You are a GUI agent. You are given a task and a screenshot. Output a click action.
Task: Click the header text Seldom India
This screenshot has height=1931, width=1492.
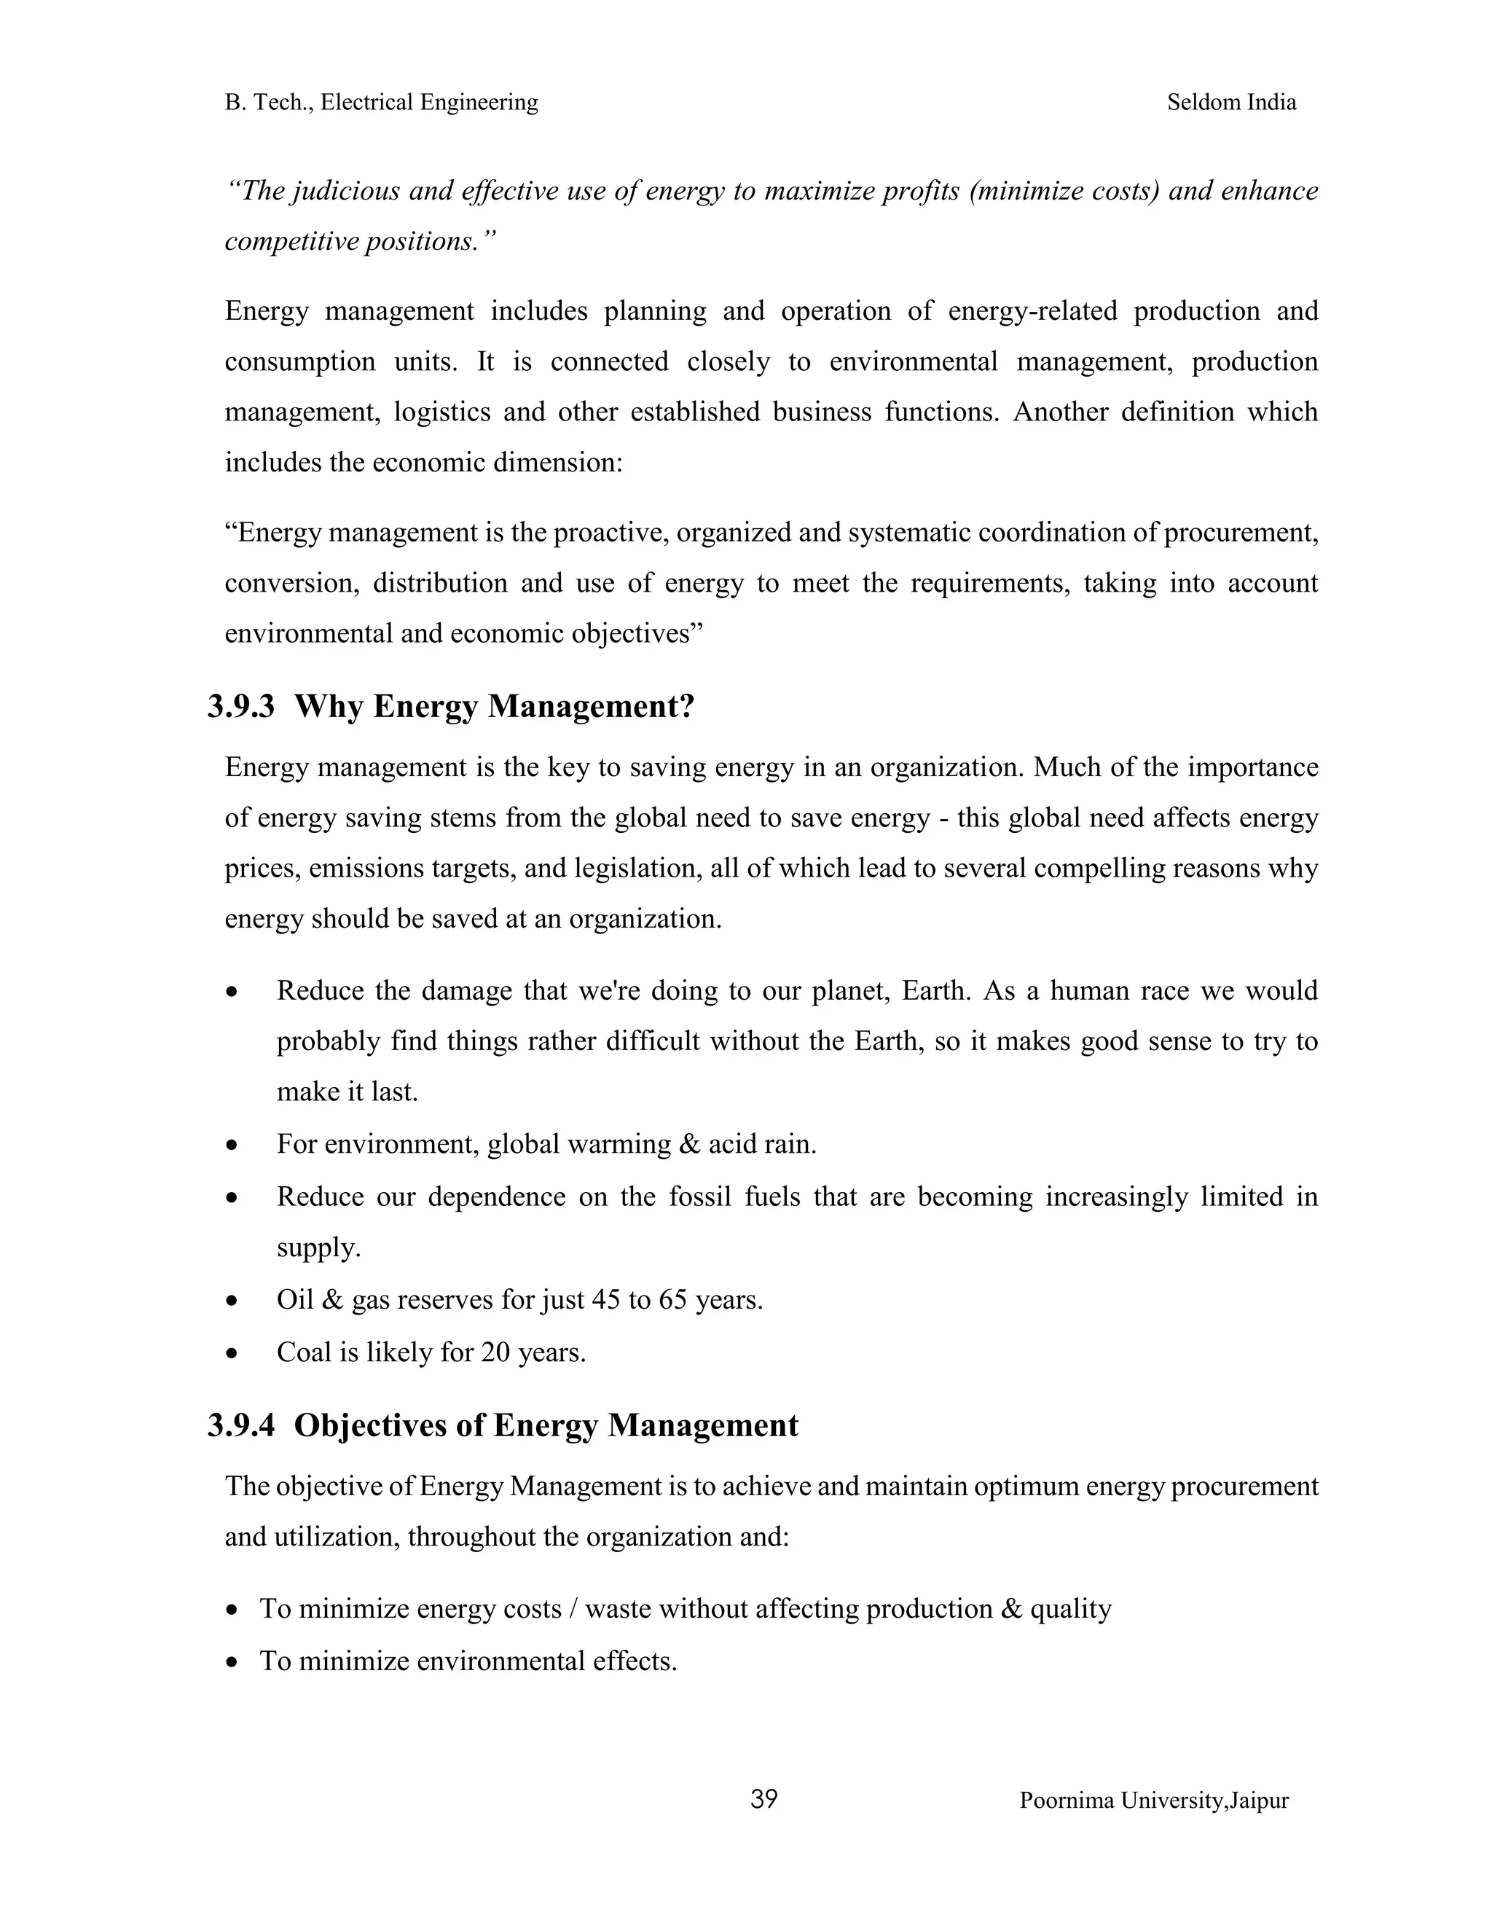click(x=1231, y=103)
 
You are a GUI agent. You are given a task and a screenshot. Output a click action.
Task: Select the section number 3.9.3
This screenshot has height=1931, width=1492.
click(x=240, y=706)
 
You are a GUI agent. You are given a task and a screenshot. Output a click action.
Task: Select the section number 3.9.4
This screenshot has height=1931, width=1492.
click(x=240, y=1425)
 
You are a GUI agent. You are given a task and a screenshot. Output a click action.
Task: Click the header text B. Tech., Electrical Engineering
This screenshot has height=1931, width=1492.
click(x=381, y=103)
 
